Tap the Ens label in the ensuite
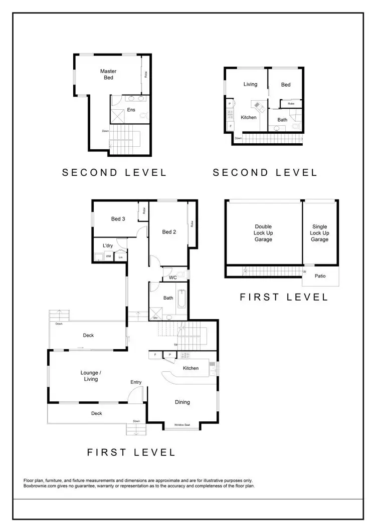pyautogui.click(x=131, y=109)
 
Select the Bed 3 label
pyautogui.click(x=118, y=218)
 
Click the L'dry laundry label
pyautogui.click(x=107, y=245)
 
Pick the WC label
pyautogui.click(x=172, y=277)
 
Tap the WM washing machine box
pyautogui.click(x=108, y=256)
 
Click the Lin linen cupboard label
pyautogui.click(x=120, y=257)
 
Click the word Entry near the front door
pyautogui.click(x=136, y=382)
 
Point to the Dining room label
pyautogui.click(x=182, y=402)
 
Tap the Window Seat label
pyautogui.click(x=182, y=425)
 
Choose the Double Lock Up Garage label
pyautogui.click(x=263, y=233)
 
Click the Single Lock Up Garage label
pyautogui.click(x=319, y=233)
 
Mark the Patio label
pyautogui.click(x=320, y=276)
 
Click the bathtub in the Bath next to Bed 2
pyautogui.click(x=181, y=299)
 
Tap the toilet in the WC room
pyautogui.click(x=185, y=275)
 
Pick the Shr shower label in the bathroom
pyautogui.click(x=155, y=317)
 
